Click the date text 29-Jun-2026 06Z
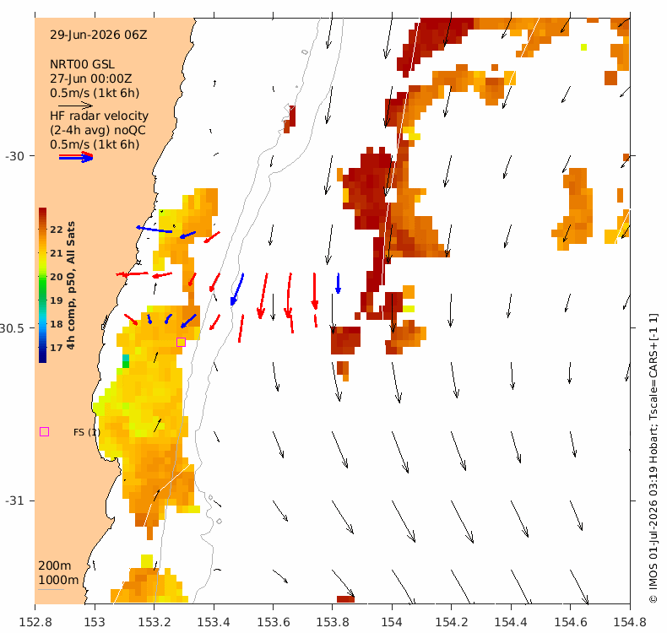[99, 35]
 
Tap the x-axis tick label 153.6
[273, 622]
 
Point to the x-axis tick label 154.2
[452, 622]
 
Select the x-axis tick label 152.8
[35, 622]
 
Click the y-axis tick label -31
[14, 500]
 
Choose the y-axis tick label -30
[14, 156]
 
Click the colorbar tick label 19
[57, 300]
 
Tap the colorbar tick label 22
[57, 230]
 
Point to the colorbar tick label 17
[57, 348]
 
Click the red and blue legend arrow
[76, 157]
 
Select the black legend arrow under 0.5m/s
[76, 105]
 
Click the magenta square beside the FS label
[44, 432]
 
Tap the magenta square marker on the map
[181, 342]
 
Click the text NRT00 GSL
[82, 64]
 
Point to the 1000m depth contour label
[58, 580]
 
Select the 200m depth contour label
[55, 565]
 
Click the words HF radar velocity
[99, 116]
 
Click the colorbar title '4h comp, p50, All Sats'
[71, 285]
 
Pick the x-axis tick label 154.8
[630, 622]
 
